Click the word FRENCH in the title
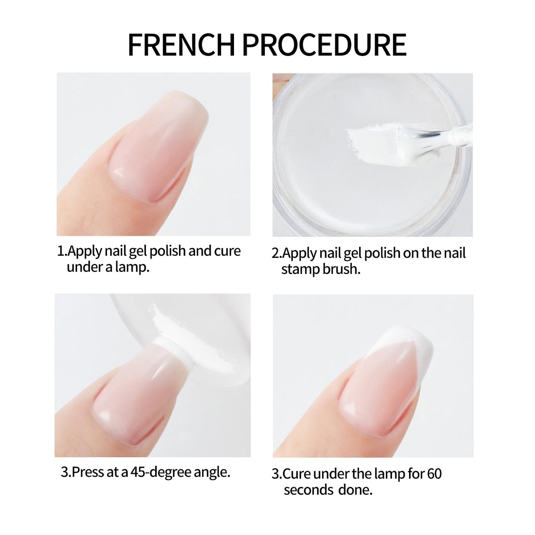pos(181,45)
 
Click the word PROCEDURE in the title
pos(324,45)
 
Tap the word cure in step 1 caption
pos(227,251)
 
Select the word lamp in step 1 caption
pos(132,267)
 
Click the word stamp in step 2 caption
pos(300,270)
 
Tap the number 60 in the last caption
pos(434,474)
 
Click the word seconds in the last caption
pos(308,490)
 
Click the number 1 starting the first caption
pos(60,251)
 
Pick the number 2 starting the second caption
pos(276,254)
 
